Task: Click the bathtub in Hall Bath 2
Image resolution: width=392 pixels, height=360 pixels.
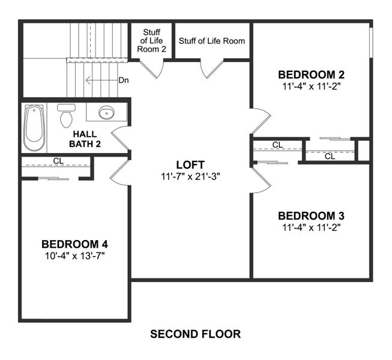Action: pyautogui.click(x=34, y=128)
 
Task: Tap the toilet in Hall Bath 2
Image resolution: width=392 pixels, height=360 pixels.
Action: pyautogui.click(x=66, y=116)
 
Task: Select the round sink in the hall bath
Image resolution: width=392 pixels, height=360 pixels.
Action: pyautogui.click(x=106, y=112)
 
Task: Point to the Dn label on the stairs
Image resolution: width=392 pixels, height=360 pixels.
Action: pyautogui.click(x=124, y=80)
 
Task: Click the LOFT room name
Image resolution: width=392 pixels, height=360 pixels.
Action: pyautogui.click(x=190, y=164)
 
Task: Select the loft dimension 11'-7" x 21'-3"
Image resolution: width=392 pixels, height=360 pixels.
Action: pyautogui.click(x=190, y=176)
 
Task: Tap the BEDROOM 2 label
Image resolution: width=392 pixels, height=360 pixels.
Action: pyautogui.click(x=311, y=75)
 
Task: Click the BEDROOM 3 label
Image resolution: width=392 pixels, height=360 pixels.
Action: pyautogui.click(x=311, y=216)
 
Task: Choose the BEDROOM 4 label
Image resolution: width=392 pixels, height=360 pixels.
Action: pyautogui.click(x=74, y=244)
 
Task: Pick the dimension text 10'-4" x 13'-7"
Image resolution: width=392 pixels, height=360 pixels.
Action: pyautogui.click(x=74, y=256)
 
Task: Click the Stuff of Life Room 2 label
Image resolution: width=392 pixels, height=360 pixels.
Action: pyautogui.click(x=151, y=41)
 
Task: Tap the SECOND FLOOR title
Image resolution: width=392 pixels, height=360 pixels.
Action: pyautogui.click(x=195, y=334)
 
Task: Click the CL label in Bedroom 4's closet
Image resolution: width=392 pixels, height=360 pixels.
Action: pyautogui.click(x=58, y=161)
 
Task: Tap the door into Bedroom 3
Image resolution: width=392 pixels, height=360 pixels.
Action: pyautogui.click(x=259, y=181)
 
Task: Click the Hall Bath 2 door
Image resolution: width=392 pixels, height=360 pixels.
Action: pyautogui.click(x=120, y=139)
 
